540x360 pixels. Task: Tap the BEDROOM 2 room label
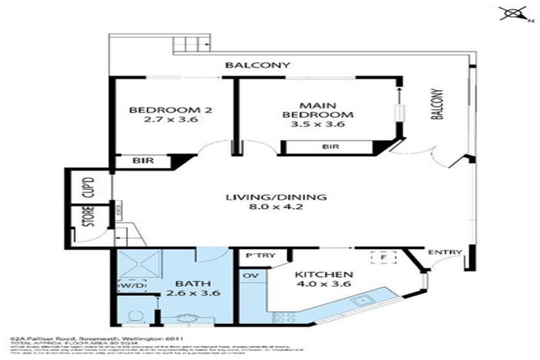coord(160,115)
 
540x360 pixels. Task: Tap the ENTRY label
coord(444,252)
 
